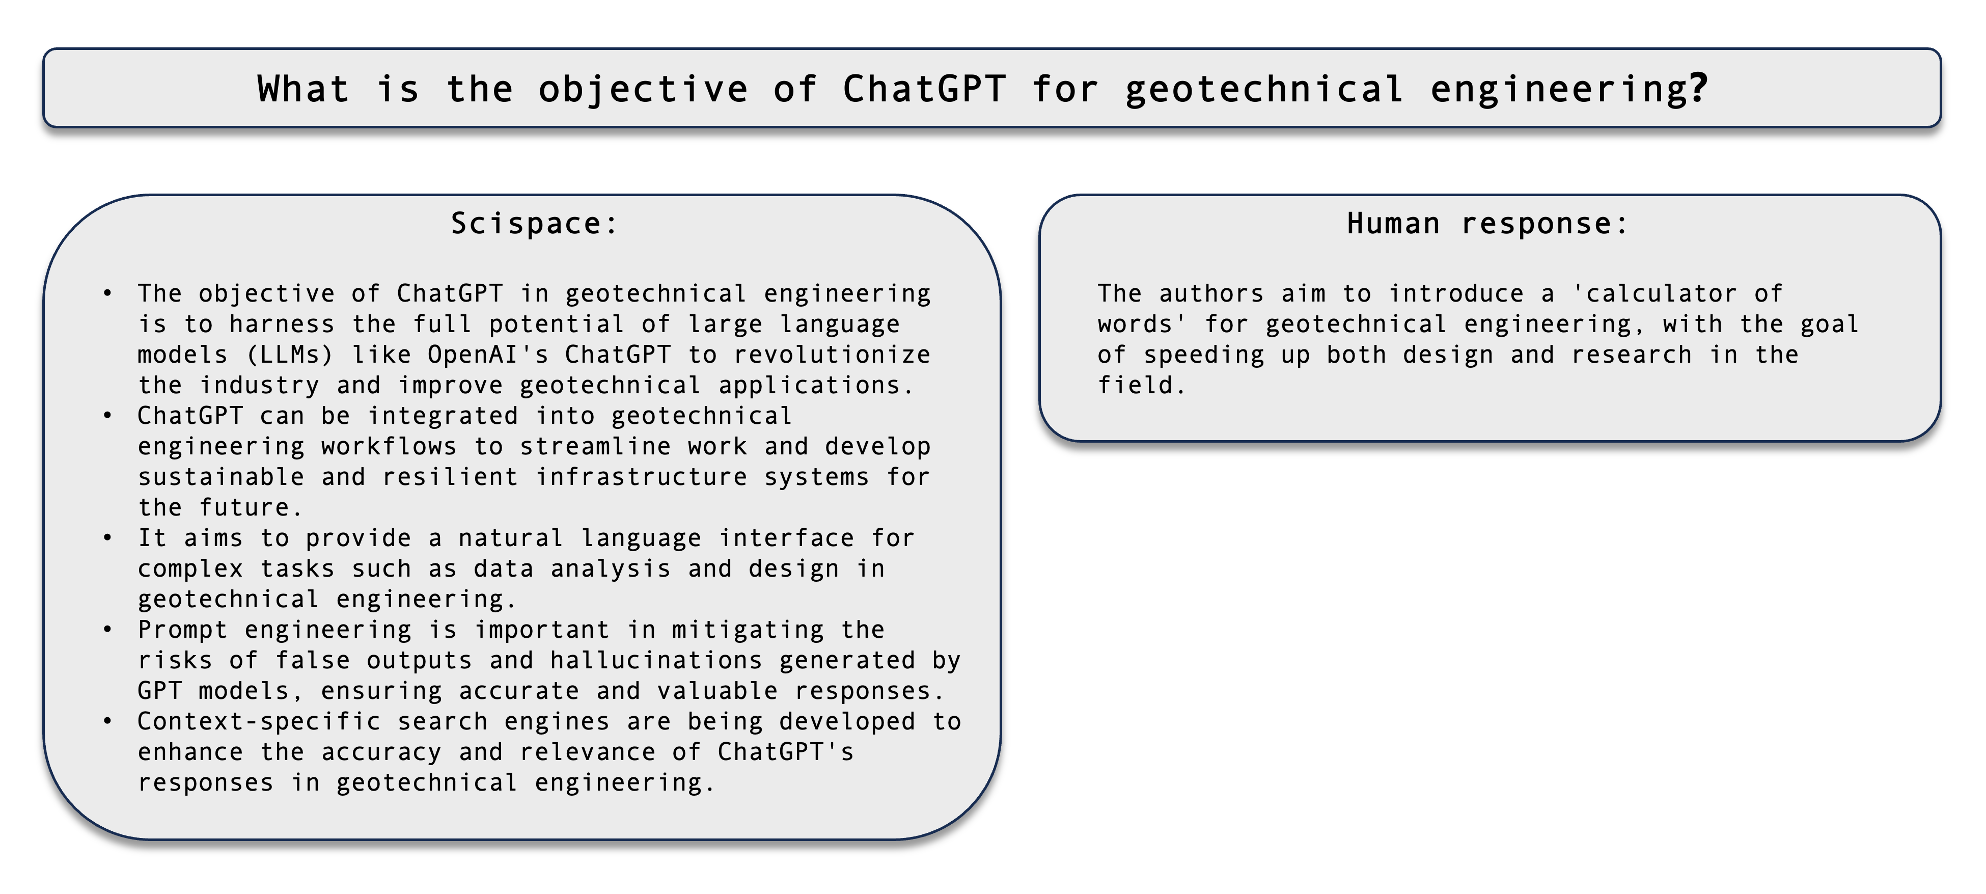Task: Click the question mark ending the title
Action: coord(1698,89)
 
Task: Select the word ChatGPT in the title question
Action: coord(924,89)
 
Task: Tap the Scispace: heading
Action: coord(534,224)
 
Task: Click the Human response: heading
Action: coord(1487,224)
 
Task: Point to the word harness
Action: coord(282,324)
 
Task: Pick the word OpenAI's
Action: coord(488,355)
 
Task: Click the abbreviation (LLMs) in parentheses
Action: coord(290,355)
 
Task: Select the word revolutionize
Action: coord(832,355)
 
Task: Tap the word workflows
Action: coord(389,447)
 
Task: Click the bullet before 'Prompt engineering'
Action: coord(107,630)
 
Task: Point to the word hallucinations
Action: coord(656,660)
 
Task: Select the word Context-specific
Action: coord(259,722)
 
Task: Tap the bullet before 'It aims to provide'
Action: coord(107,537)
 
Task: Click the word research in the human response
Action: coord(1632,355)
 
